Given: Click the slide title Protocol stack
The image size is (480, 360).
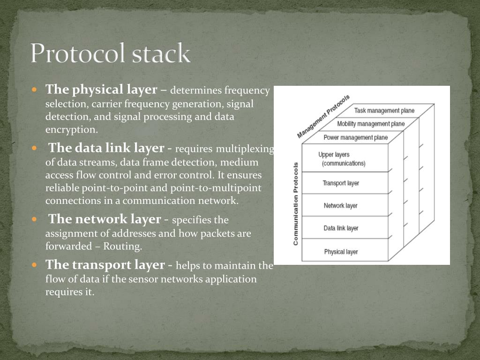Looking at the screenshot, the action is point(111,53).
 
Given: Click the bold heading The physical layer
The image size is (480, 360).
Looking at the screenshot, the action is point(101,90).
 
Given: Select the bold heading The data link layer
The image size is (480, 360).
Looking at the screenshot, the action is point(106,148).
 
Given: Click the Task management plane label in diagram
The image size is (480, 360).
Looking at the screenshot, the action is point(384,111).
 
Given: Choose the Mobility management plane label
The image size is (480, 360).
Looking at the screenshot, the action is point(371,124).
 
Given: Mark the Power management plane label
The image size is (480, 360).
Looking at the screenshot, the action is point(355,137).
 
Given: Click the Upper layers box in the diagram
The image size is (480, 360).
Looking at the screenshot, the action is point(345,158).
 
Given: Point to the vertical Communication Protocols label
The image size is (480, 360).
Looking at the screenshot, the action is point(296,203).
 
